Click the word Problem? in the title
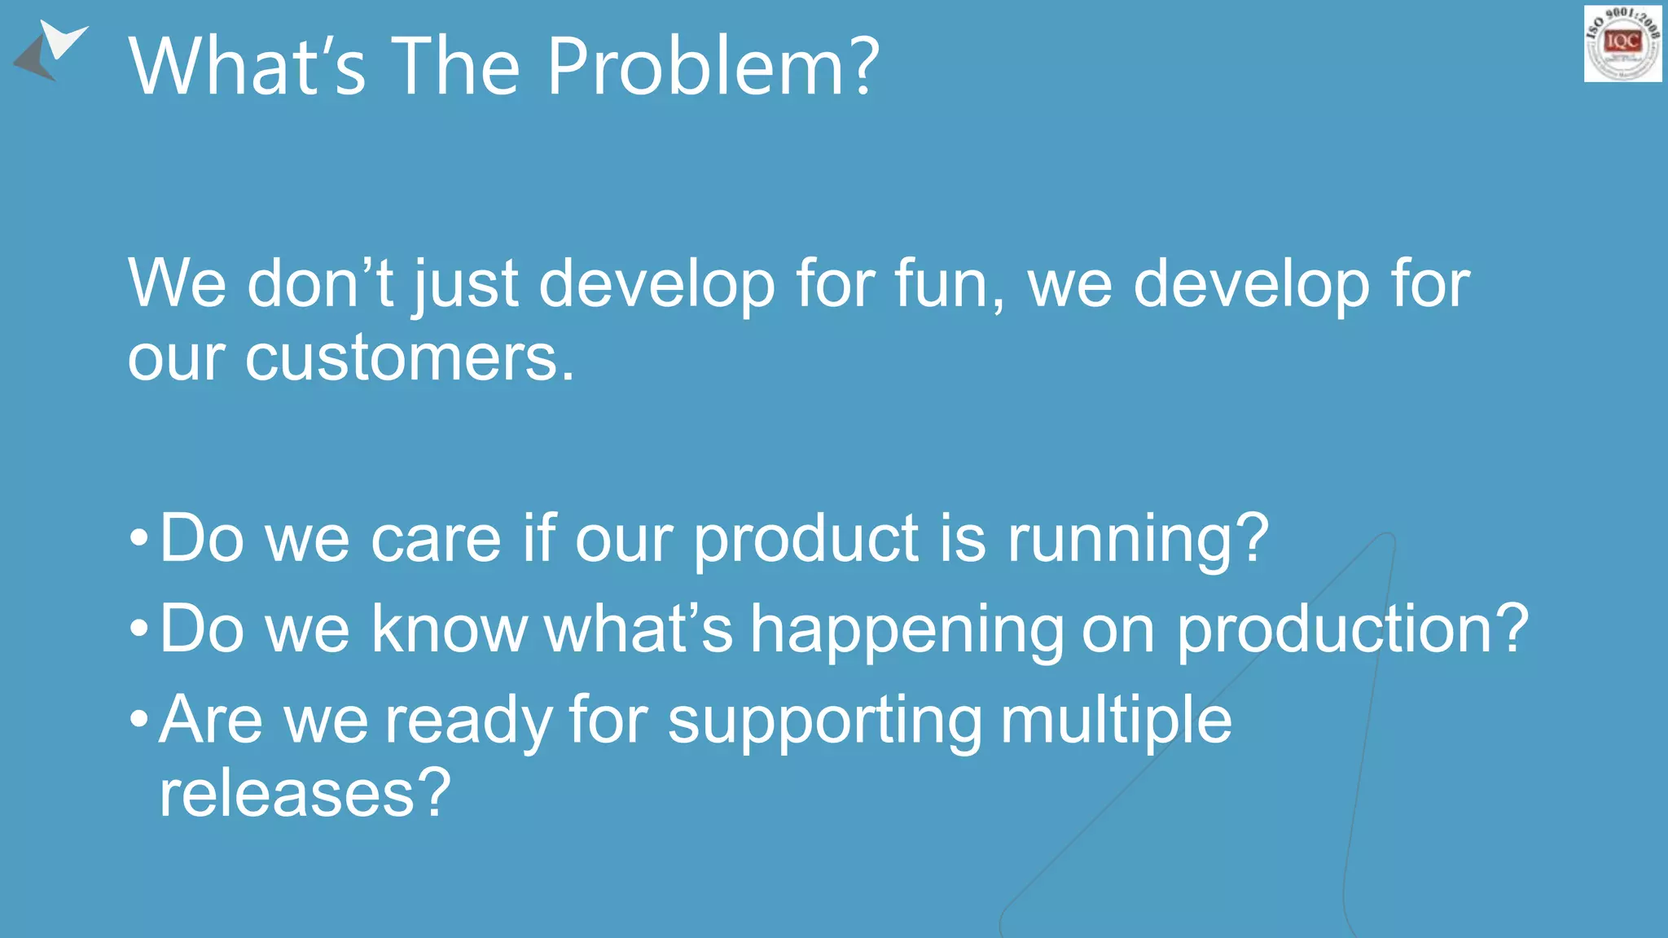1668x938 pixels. [713, 67]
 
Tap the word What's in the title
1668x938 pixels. [247, 67]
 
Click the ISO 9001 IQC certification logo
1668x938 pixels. [1622, 43]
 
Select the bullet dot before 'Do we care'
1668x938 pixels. [139, 538]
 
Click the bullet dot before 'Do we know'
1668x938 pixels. [139, 629]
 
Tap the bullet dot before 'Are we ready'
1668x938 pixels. [139, 720]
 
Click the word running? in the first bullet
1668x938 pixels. [1138, 539]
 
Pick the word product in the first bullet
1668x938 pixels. [806, 539]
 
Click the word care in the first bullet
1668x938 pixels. [436, 539]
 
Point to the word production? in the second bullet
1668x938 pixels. [1353, 629]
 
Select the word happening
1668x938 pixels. [906, 629]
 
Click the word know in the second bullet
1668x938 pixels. [450, 629]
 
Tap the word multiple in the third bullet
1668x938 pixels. [1116, 721]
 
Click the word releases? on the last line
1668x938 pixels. [305, 793]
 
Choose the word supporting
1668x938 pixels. [825, 721]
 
